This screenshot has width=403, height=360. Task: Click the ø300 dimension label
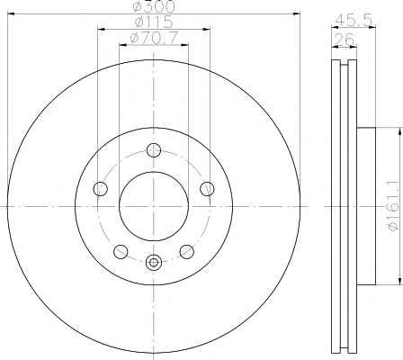(x=154, y=6)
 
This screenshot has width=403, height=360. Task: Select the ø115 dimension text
(x=154, y=22)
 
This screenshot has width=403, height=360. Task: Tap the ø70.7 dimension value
(x=154, y=38)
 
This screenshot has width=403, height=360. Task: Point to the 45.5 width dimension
(x=354, y=21)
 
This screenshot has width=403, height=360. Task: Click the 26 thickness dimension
(x=345, y=40)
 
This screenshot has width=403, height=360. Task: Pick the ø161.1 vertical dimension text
(x=395, y=206)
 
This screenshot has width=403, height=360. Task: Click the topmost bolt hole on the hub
(x=154, y=150)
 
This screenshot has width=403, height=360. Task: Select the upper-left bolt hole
(x=101, y=189)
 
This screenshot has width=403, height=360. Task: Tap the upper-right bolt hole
(x=207, y=189)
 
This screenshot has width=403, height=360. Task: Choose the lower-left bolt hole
(x=121, y=251)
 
